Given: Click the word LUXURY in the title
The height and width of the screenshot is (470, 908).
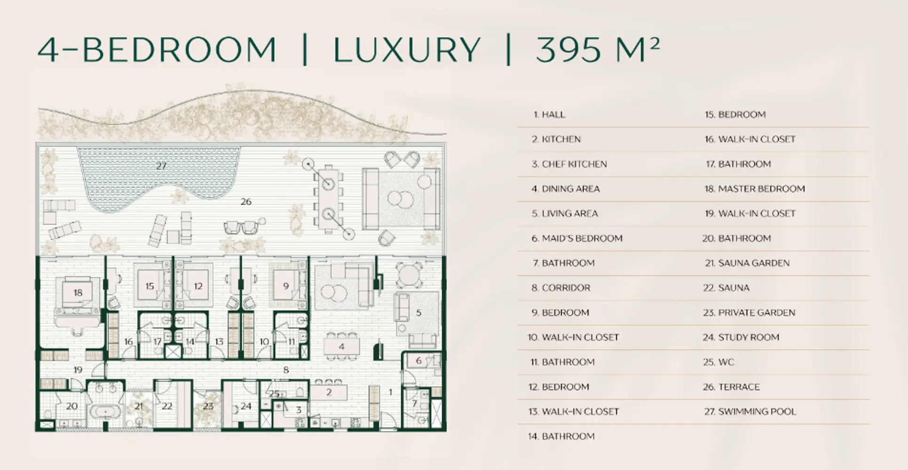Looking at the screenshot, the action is click(407, 49).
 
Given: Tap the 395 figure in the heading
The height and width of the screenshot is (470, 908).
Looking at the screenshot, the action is click(568, 49).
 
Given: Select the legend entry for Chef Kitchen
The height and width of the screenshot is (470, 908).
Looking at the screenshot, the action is click(569, 164).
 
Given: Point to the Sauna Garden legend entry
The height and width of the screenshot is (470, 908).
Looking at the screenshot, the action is click(747, 263).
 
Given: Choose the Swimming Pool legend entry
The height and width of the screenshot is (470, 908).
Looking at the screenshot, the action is click(750, 412).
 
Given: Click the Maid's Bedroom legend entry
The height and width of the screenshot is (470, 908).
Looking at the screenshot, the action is click(577, 238).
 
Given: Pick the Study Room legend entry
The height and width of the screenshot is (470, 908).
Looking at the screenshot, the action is click(741, 337).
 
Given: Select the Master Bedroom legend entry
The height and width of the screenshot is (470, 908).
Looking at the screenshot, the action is click(755, 189).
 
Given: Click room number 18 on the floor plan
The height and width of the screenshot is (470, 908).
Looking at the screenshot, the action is click(78, 293).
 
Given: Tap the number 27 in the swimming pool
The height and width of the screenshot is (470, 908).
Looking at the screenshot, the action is click(161, 166).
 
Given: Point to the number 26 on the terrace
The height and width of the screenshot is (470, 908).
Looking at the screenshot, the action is click(246, 202).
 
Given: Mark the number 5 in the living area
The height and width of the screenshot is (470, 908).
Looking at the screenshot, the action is click(418, 313).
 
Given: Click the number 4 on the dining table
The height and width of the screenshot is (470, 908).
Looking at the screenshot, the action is click(342, 347).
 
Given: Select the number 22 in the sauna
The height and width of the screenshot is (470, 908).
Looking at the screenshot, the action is click(167, 406).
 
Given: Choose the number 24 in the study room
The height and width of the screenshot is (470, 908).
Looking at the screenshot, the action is click(246, 406).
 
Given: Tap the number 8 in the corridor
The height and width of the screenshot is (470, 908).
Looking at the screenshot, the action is click(286, 370).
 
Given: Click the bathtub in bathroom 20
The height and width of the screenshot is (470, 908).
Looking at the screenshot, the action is click(105, 412).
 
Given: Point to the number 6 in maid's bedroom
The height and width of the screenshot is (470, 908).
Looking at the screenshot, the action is click(418, 361).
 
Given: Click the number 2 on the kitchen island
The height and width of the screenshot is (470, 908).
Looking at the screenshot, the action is click(329, 392).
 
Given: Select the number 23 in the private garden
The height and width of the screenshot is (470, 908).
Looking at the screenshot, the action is click(208, 406).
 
